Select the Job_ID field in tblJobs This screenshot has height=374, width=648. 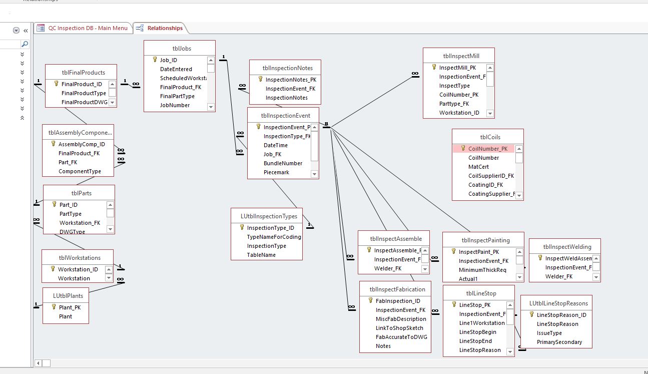pos(168,60)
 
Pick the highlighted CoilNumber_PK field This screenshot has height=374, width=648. pos(487,149)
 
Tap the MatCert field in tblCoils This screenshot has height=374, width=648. pos(478,167)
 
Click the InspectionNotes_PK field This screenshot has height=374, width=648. pos(291,80)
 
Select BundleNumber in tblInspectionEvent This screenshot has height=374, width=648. pos(283,163)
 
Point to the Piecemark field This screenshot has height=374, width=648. pos(277,172)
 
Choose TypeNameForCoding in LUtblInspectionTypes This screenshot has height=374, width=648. pos(274,237)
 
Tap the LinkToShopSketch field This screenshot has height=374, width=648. pos(399,328)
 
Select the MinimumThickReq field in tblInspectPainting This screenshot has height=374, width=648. pos(482,270)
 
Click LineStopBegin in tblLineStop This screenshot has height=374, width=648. pos(477,332)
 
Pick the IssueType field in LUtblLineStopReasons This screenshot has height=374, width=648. pos(549,333)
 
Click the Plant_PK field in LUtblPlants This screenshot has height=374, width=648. pos(70,307)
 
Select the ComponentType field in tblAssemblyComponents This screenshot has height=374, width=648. pos(80,171)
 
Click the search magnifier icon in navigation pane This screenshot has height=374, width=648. pos(25,44)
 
